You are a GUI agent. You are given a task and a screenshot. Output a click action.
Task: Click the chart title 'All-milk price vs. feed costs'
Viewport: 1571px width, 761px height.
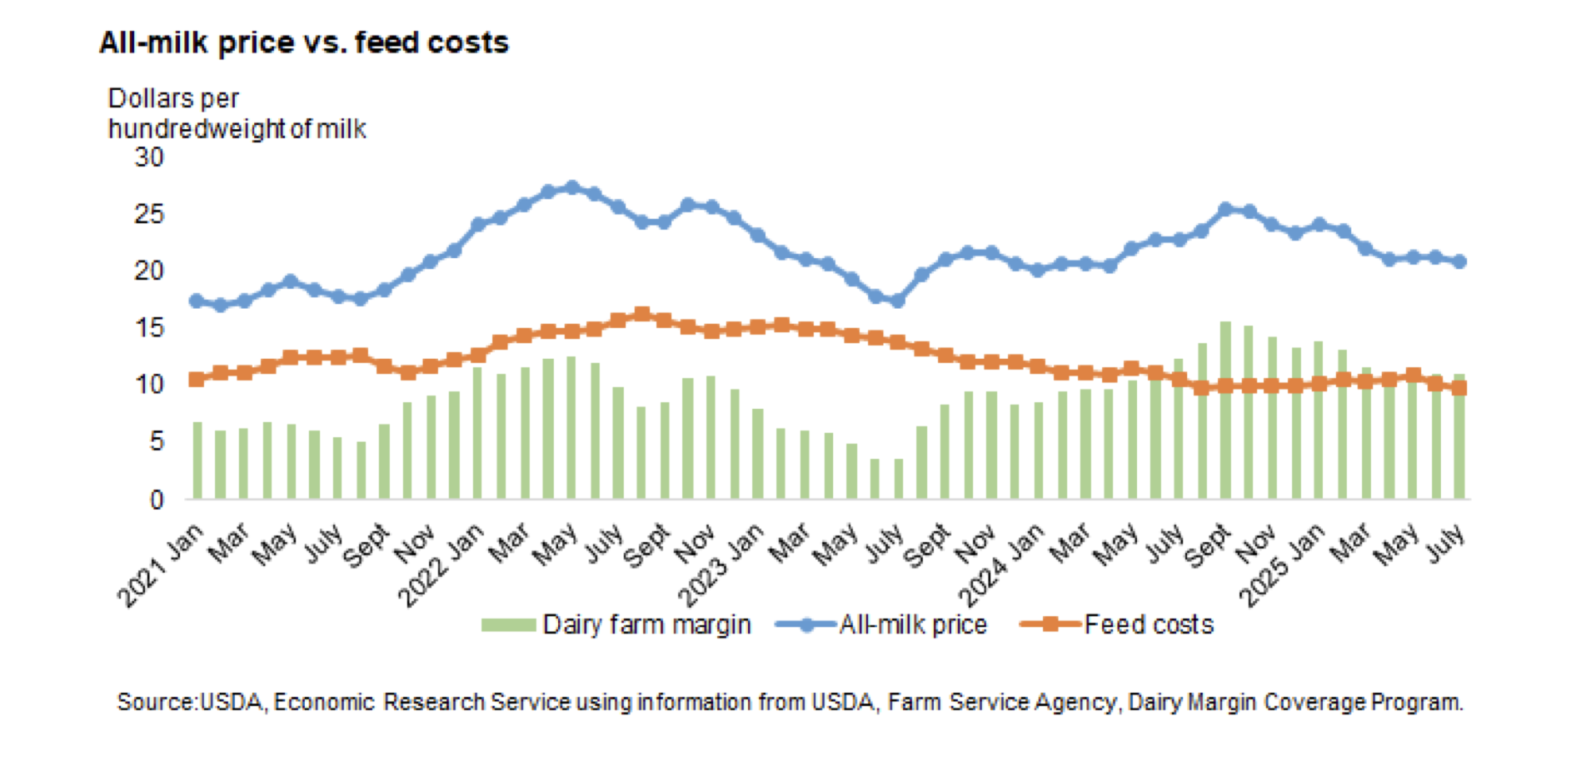(x=303, y=42)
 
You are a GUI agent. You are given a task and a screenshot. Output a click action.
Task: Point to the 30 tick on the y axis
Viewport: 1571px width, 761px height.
(x=149, y=157)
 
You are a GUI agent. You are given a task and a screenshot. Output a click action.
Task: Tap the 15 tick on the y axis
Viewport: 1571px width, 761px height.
(x=149, y=327)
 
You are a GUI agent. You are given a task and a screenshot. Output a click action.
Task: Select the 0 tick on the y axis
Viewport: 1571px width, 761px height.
(x=157, y=500)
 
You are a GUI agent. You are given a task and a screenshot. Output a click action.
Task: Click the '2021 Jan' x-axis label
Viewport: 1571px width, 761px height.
(x=161, y=566)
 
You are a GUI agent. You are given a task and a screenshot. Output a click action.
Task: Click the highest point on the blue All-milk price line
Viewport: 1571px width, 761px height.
(x=571, y=187)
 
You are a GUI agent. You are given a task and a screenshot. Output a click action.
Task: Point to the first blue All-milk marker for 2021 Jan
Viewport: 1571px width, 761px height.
(x=197, y=301)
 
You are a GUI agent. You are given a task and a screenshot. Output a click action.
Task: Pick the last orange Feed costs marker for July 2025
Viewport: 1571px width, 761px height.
(x=1459, y=387)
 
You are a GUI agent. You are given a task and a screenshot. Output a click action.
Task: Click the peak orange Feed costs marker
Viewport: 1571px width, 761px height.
(x=641, y=314)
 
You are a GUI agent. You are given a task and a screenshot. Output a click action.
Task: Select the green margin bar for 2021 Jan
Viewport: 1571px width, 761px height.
(x=197, y=460)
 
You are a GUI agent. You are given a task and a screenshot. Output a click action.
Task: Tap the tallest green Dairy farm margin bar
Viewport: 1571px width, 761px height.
(x=1225, y=410)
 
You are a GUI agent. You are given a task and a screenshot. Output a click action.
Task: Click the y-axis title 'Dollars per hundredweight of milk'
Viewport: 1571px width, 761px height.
(x=237, y=113)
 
